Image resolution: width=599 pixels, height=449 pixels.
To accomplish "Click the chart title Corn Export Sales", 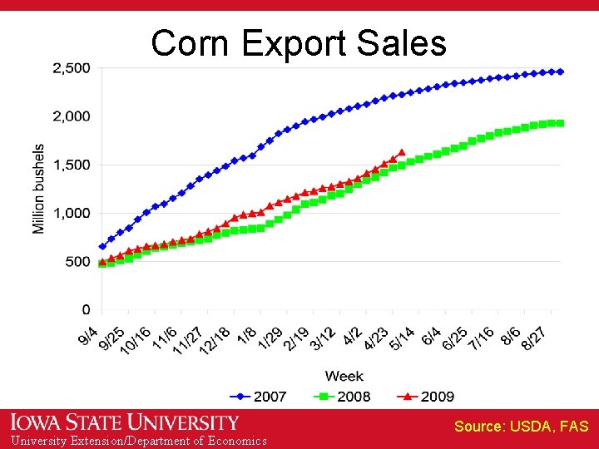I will pos(299,43).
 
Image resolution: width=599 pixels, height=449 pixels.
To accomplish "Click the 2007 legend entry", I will pos(260,397).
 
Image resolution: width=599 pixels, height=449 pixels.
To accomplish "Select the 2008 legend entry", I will pos(343,397).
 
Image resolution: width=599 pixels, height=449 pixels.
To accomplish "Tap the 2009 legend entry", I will pos(426,397).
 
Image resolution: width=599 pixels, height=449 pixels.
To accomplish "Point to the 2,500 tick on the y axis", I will pos(72,68).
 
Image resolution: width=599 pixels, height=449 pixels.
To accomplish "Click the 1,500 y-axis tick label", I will pos(72,165).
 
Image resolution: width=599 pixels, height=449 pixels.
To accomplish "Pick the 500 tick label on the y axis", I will pos(79,261).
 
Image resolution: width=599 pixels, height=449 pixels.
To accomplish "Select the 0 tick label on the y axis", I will pos(87,309).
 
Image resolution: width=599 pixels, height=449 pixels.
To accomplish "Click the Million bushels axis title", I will pos(38,189).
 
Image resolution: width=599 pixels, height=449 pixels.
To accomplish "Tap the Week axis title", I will pos(344,376).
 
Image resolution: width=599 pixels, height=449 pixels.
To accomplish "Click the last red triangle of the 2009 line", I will pos(402,152).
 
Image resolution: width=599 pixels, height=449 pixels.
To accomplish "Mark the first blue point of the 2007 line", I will pos(102,246).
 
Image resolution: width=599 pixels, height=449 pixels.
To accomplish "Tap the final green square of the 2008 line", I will pos(560,123).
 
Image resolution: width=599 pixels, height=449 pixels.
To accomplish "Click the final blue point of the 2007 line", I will pos(560,72).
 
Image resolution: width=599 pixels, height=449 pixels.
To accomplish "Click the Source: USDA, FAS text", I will pos(521,427).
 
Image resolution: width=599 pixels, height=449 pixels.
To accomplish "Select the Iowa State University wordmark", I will pos(125,422).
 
